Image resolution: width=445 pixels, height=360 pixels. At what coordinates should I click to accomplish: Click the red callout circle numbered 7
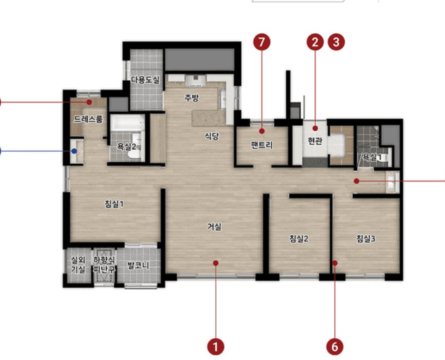click(x=262, y=42)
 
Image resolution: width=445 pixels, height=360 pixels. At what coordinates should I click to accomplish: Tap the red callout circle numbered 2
click(x=315, y=42)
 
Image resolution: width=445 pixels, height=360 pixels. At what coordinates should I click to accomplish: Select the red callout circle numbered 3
click(x=336, y=42)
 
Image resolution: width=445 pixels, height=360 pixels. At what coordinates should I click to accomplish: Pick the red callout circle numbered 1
click(x=216, y=347)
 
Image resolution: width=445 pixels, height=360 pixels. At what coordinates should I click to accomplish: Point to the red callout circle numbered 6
click(x=335, y=347)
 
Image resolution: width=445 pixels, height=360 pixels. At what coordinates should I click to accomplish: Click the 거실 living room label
click(x=214, y=226)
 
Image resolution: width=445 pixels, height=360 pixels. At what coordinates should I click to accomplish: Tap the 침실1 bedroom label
click(x=114, y=204)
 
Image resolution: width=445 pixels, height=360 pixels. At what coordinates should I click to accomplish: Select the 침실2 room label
click(x=299, y=239)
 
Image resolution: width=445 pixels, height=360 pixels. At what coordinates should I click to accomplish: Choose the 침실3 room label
click(x=366, y=239)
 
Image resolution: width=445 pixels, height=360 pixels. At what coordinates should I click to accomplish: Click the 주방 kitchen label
click(x=191, y=98)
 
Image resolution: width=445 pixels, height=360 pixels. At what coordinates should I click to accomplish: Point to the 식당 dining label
click(x=212, y=136)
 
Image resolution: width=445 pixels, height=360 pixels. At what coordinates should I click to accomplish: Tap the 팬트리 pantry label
click(x=262, y=145)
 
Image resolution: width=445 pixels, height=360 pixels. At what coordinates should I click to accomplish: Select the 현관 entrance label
click(x=315, y=140)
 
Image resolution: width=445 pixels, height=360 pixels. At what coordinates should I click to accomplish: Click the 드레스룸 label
click(x=89, y=119)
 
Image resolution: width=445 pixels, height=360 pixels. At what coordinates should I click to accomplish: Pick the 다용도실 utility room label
click(x=146, y=79)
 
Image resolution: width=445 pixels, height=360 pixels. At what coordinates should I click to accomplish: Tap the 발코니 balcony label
click(x=138, y=266)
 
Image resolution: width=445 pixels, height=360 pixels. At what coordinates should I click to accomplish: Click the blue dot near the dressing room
click(x=74, y=151)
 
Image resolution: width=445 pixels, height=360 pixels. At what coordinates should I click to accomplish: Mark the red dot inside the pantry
click(x=262, y=131)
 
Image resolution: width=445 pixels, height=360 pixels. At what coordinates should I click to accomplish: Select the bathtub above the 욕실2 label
click(x=127, y=123)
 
